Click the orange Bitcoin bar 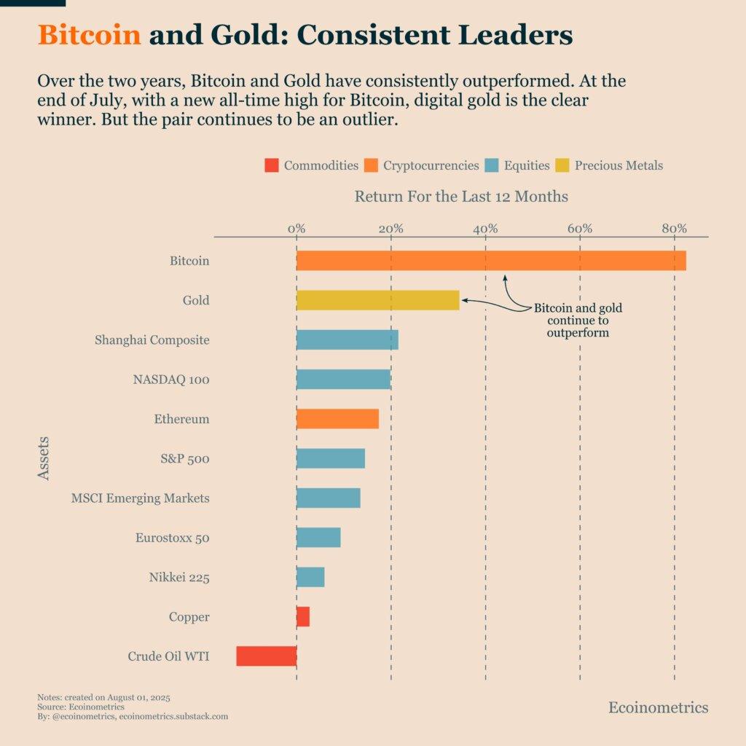[491, 260]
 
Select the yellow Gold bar [377, 300]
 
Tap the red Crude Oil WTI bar [267, 656]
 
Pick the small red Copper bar [303, 616]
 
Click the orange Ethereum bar [337, 419]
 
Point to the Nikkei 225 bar [310, 577]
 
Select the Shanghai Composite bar [348, 339]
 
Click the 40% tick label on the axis [485, 229]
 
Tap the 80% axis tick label [674, 229]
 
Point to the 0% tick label [297, 229]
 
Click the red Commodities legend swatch [272, 165]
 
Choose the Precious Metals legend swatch [562, 165]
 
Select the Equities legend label [526, 165]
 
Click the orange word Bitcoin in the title [89, 35]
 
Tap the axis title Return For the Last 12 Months [461, 197]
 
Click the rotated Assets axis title [44, 458]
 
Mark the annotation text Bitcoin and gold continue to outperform [578, 321]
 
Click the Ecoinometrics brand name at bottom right [658, 707]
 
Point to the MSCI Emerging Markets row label [141, 498]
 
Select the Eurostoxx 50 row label [173, 538]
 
